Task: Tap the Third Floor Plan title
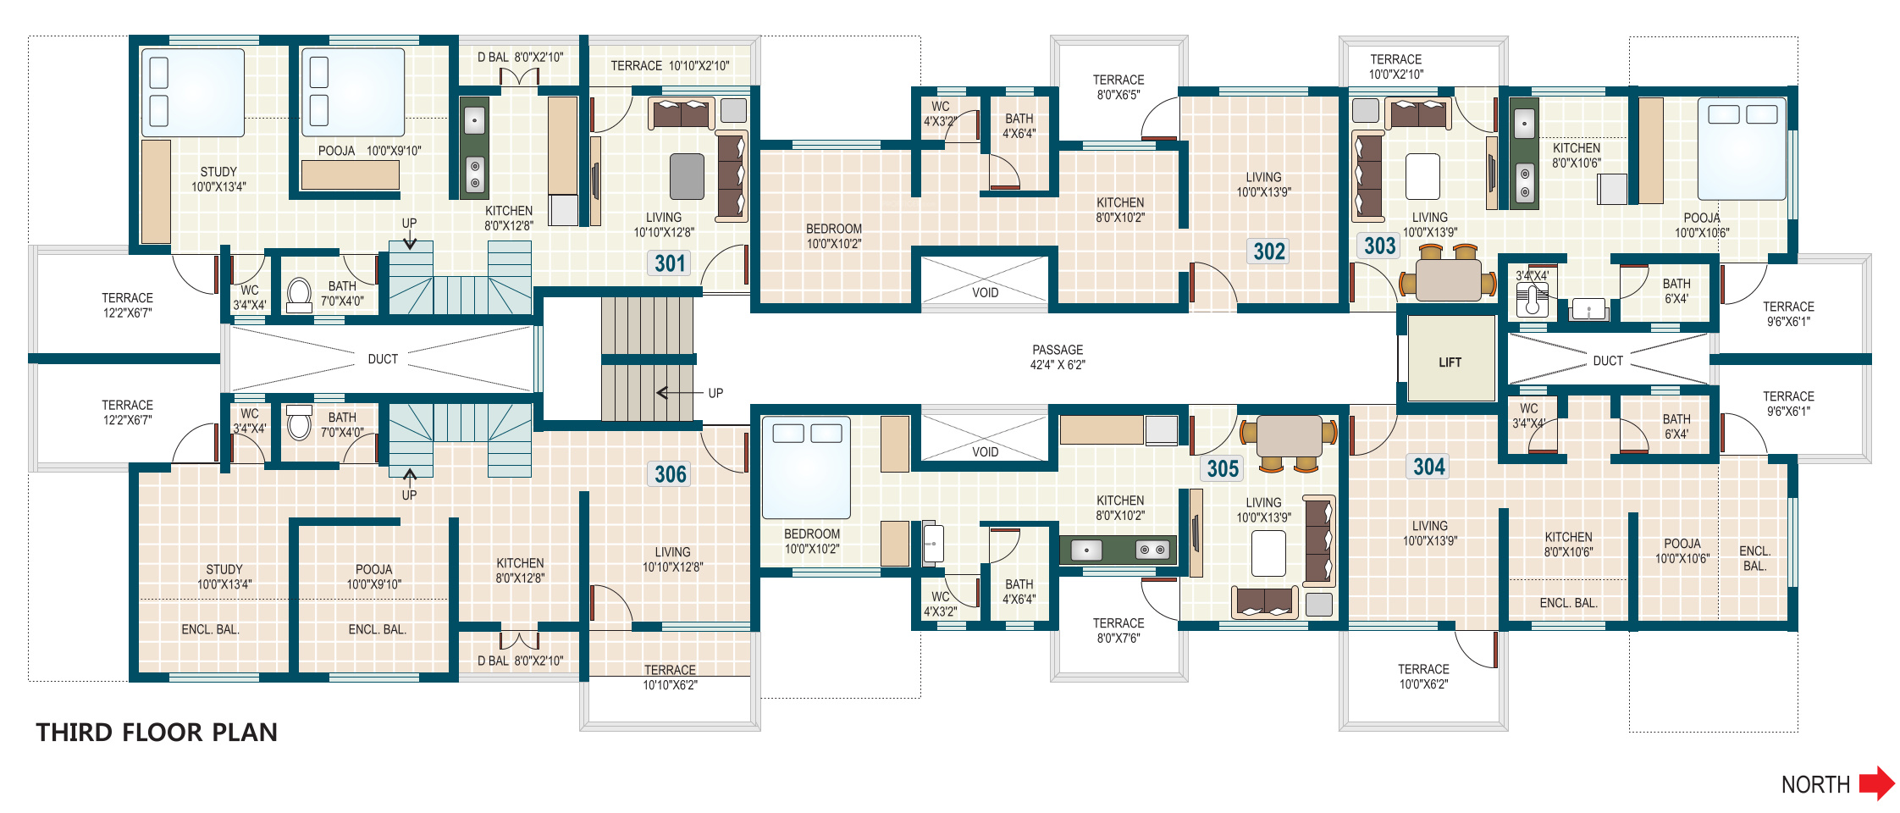[x=157, y=733]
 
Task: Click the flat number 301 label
[x=670, y=263]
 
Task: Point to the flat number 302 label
[x=1269, y=252]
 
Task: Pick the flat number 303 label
[x=1379, y=246]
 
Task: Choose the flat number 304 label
[x=1428, y=467]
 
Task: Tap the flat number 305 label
[x=1223, y=468]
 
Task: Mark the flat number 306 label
[x=670, y=473]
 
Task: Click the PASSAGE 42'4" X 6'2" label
[x=1058, y=357]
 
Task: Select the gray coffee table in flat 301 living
[x=687, y=176]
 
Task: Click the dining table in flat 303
[x=1448, y=279]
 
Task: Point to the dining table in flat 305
[x=1289, y=438]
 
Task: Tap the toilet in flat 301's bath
[x=299, y=295]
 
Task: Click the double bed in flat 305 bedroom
[x=806, y=467]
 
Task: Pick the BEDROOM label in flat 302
[x=834, y=229]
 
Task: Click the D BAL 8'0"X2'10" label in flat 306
[x=520, y=661]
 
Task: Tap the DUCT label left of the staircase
[x=383, y=359]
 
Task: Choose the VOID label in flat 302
[x=985, y=293]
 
